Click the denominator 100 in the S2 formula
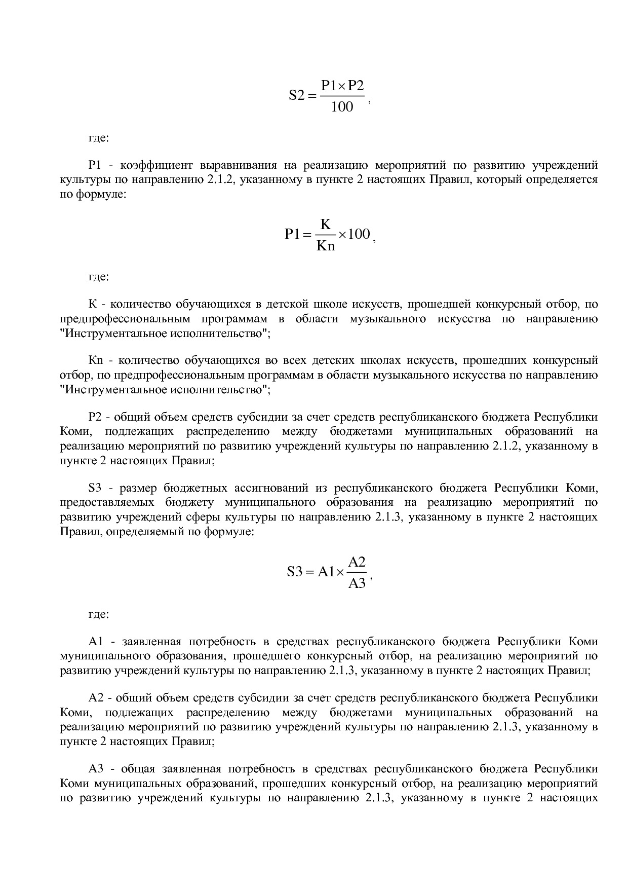point(342,107)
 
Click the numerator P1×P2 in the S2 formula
point(342,85)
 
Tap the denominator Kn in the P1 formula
point(326,247)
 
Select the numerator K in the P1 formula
point(326,224)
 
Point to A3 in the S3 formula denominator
point(357,583)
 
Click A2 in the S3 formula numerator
point(357,562)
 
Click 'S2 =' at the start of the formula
point(302,96)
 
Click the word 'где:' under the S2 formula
point(99,137)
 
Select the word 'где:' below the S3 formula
point(99,614)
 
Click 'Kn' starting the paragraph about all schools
point(96,360)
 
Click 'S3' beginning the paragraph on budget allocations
point(95,488)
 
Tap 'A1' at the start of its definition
point(96,642)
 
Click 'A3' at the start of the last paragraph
point(96,769)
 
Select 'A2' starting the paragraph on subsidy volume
point(96,698)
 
